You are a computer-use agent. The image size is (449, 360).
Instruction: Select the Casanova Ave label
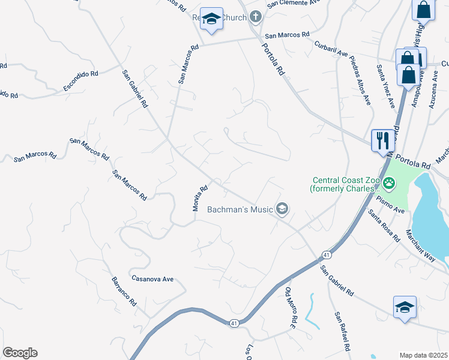point(152,279)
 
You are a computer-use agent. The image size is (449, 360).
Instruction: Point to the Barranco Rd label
point(124,292)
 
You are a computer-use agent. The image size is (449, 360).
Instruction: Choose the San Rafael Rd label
point(343,332)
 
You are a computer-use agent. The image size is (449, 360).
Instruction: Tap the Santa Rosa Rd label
point(384,225)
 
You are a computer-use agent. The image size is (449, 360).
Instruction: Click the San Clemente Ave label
point(295,3)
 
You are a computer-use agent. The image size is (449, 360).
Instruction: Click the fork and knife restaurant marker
point(382,141)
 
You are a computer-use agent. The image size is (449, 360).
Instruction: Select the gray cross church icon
point(256,17)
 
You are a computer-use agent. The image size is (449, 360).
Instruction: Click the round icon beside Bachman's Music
point(282,209)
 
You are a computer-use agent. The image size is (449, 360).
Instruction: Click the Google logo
point(20,353)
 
